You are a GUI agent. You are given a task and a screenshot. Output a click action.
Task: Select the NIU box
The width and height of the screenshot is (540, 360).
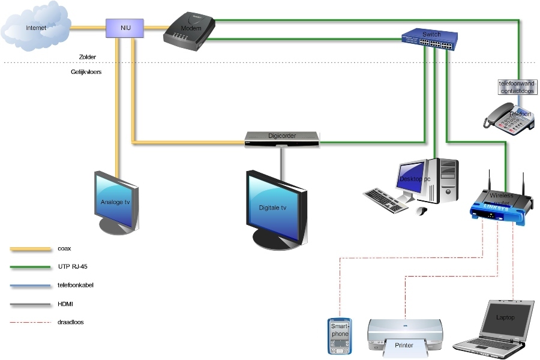click(125, 28)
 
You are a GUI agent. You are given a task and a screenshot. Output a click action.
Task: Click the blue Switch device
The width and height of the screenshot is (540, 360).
click(430, 38)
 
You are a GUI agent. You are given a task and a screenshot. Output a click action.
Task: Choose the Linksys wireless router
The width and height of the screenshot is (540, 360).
click(500, 204)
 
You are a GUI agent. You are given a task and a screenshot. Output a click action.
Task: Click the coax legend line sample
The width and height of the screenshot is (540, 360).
click(31, 248)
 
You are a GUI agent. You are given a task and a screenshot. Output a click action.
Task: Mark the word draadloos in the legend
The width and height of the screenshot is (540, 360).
click(71, 322)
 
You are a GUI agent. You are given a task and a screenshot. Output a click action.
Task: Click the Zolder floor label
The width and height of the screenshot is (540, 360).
click(87, 57)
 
